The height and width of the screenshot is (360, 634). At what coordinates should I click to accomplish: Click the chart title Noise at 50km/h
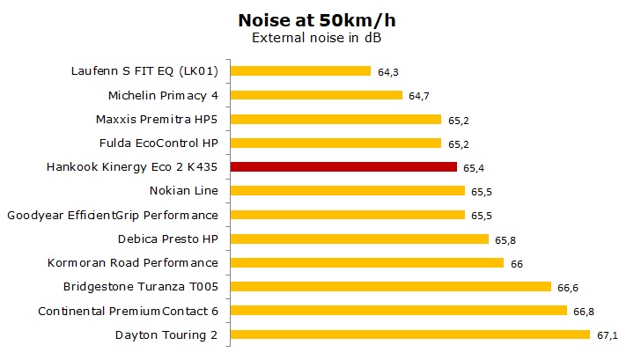pos(316,19)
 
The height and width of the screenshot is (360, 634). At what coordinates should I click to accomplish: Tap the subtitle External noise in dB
pos(316,38)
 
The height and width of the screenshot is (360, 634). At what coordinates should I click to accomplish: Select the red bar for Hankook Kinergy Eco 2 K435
pos(344,166)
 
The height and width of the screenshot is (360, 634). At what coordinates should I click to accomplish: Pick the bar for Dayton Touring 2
pos(410,334)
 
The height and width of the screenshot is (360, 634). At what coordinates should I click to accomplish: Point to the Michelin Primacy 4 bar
pos(317,95)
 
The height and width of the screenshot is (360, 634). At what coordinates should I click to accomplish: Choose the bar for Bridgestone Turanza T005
pos(391,286)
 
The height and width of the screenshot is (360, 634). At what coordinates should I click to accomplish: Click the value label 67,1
pos(608,335)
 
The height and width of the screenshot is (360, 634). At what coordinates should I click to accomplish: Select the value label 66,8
pos(584,311)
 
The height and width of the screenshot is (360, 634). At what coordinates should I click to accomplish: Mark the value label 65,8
pos(506,239)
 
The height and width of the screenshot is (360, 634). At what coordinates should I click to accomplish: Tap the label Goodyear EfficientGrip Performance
pos(112,214)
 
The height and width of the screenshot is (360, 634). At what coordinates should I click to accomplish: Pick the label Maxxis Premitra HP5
pos(156,119)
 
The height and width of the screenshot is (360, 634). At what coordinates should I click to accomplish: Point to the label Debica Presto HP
pos(167,239)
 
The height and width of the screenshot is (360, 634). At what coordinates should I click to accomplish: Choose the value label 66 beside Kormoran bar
pos(517,263)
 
